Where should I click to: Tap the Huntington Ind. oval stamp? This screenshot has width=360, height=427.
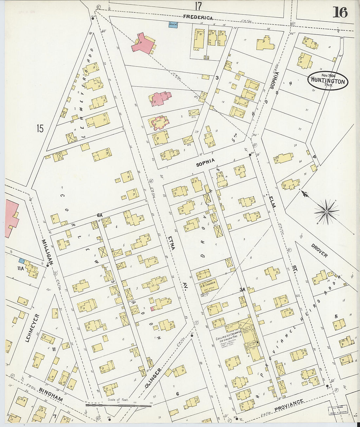click(328, 80)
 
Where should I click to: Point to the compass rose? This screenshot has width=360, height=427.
click(326, 212)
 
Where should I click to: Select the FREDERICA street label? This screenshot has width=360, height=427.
click(198, 18)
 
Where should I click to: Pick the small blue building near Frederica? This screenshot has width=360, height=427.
click(173, 25)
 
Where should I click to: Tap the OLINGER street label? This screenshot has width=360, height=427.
click(153, 378)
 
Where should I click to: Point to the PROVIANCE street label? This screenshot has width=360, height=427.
click(289, 403)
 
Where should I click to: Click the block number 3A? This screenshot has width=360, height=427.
click(242, 289)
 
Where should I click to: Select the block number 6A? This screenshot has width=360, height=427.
click(100, 215)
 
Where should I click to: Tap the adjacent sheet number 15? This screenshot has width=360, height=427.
click(40, 129)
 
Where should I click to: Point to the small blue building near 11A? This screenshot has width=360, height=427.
click(22, 260)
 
